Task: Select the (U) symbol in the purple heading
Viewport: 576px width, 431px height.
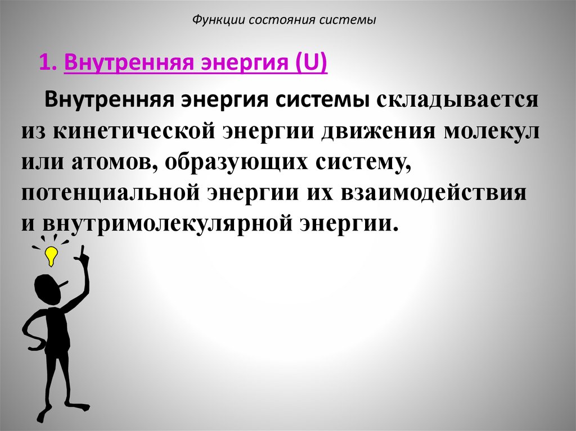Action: pyautogui.click(x=314, y=63)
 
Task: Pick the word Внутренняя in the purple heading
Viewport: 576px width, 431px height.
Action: pyautogui.click(x=119, y=63)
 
